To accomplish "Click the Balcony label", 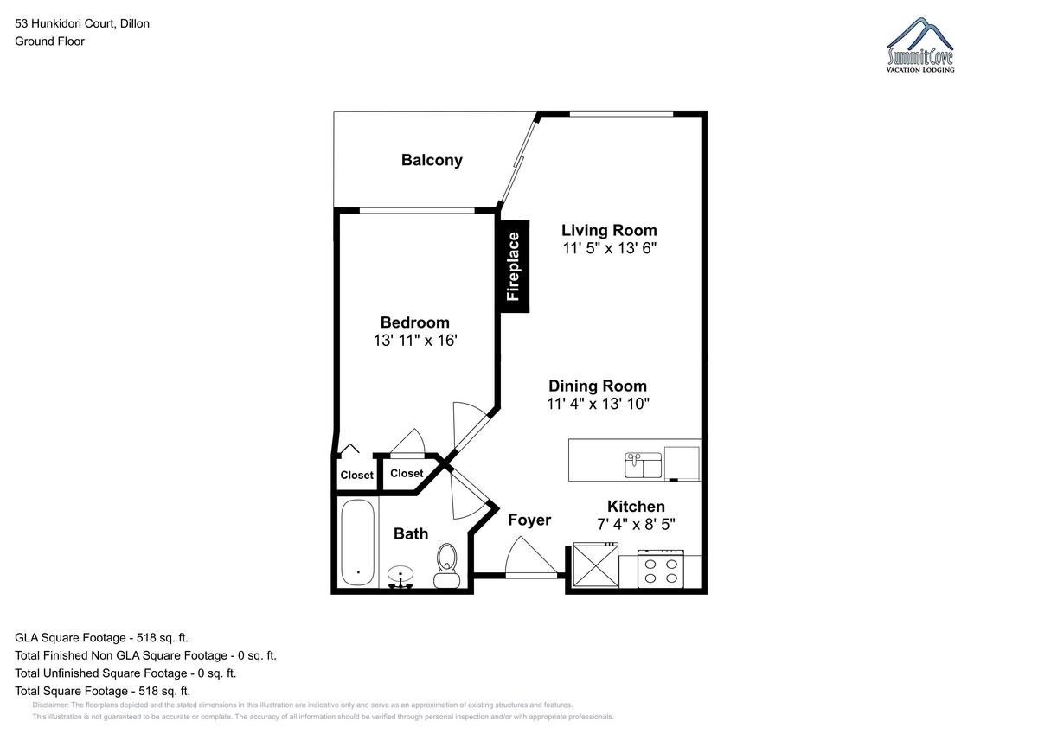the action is (x=432, y=160).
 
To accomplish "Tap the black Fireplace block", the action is (x=515, y=266).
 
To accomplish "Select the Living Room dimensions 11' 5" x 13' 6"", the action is (x=609, y=248).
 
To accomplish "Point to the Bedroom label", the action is (x=414, y=322).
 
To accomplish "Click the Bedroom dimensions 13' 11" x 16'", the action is (x=415, y=341).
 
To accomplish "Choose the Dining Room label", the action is (x=598, y=386).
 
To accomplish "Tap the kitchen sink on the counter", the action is (x=644, y=465).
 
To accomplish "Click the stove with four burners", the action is (x=661, y=569).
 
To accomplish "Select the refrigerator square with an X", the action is (x=595, y=565).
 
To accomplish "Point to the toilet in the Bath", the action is (x=446, y=565).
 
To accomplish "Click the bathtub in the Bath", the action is (x=358, y=543).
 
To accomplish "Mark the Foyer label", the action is (x=529, y=520).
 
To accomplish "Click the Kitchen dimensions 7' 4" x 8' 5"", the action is (x=636, y=524).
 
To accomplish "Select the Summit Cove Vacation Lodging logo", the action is (x=920, y=45).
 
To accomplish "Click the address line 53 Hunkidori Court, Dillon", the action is (x=82, y=23).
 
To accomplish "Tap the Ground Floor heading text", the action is (x=49, y=41).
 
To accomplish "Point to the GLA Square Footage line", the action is (x=101, y=638).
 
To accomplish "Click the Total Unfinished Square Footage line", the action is (x=125, y=673).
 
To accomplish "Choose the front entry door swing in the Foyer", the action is (x=531, y=557).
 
